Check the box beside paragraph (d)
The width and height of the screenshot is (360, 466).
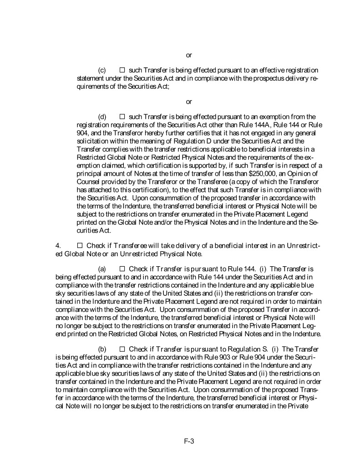(x=122, y=117)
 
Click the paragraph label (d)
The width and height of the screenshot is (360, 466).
(x=102, y=117)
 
